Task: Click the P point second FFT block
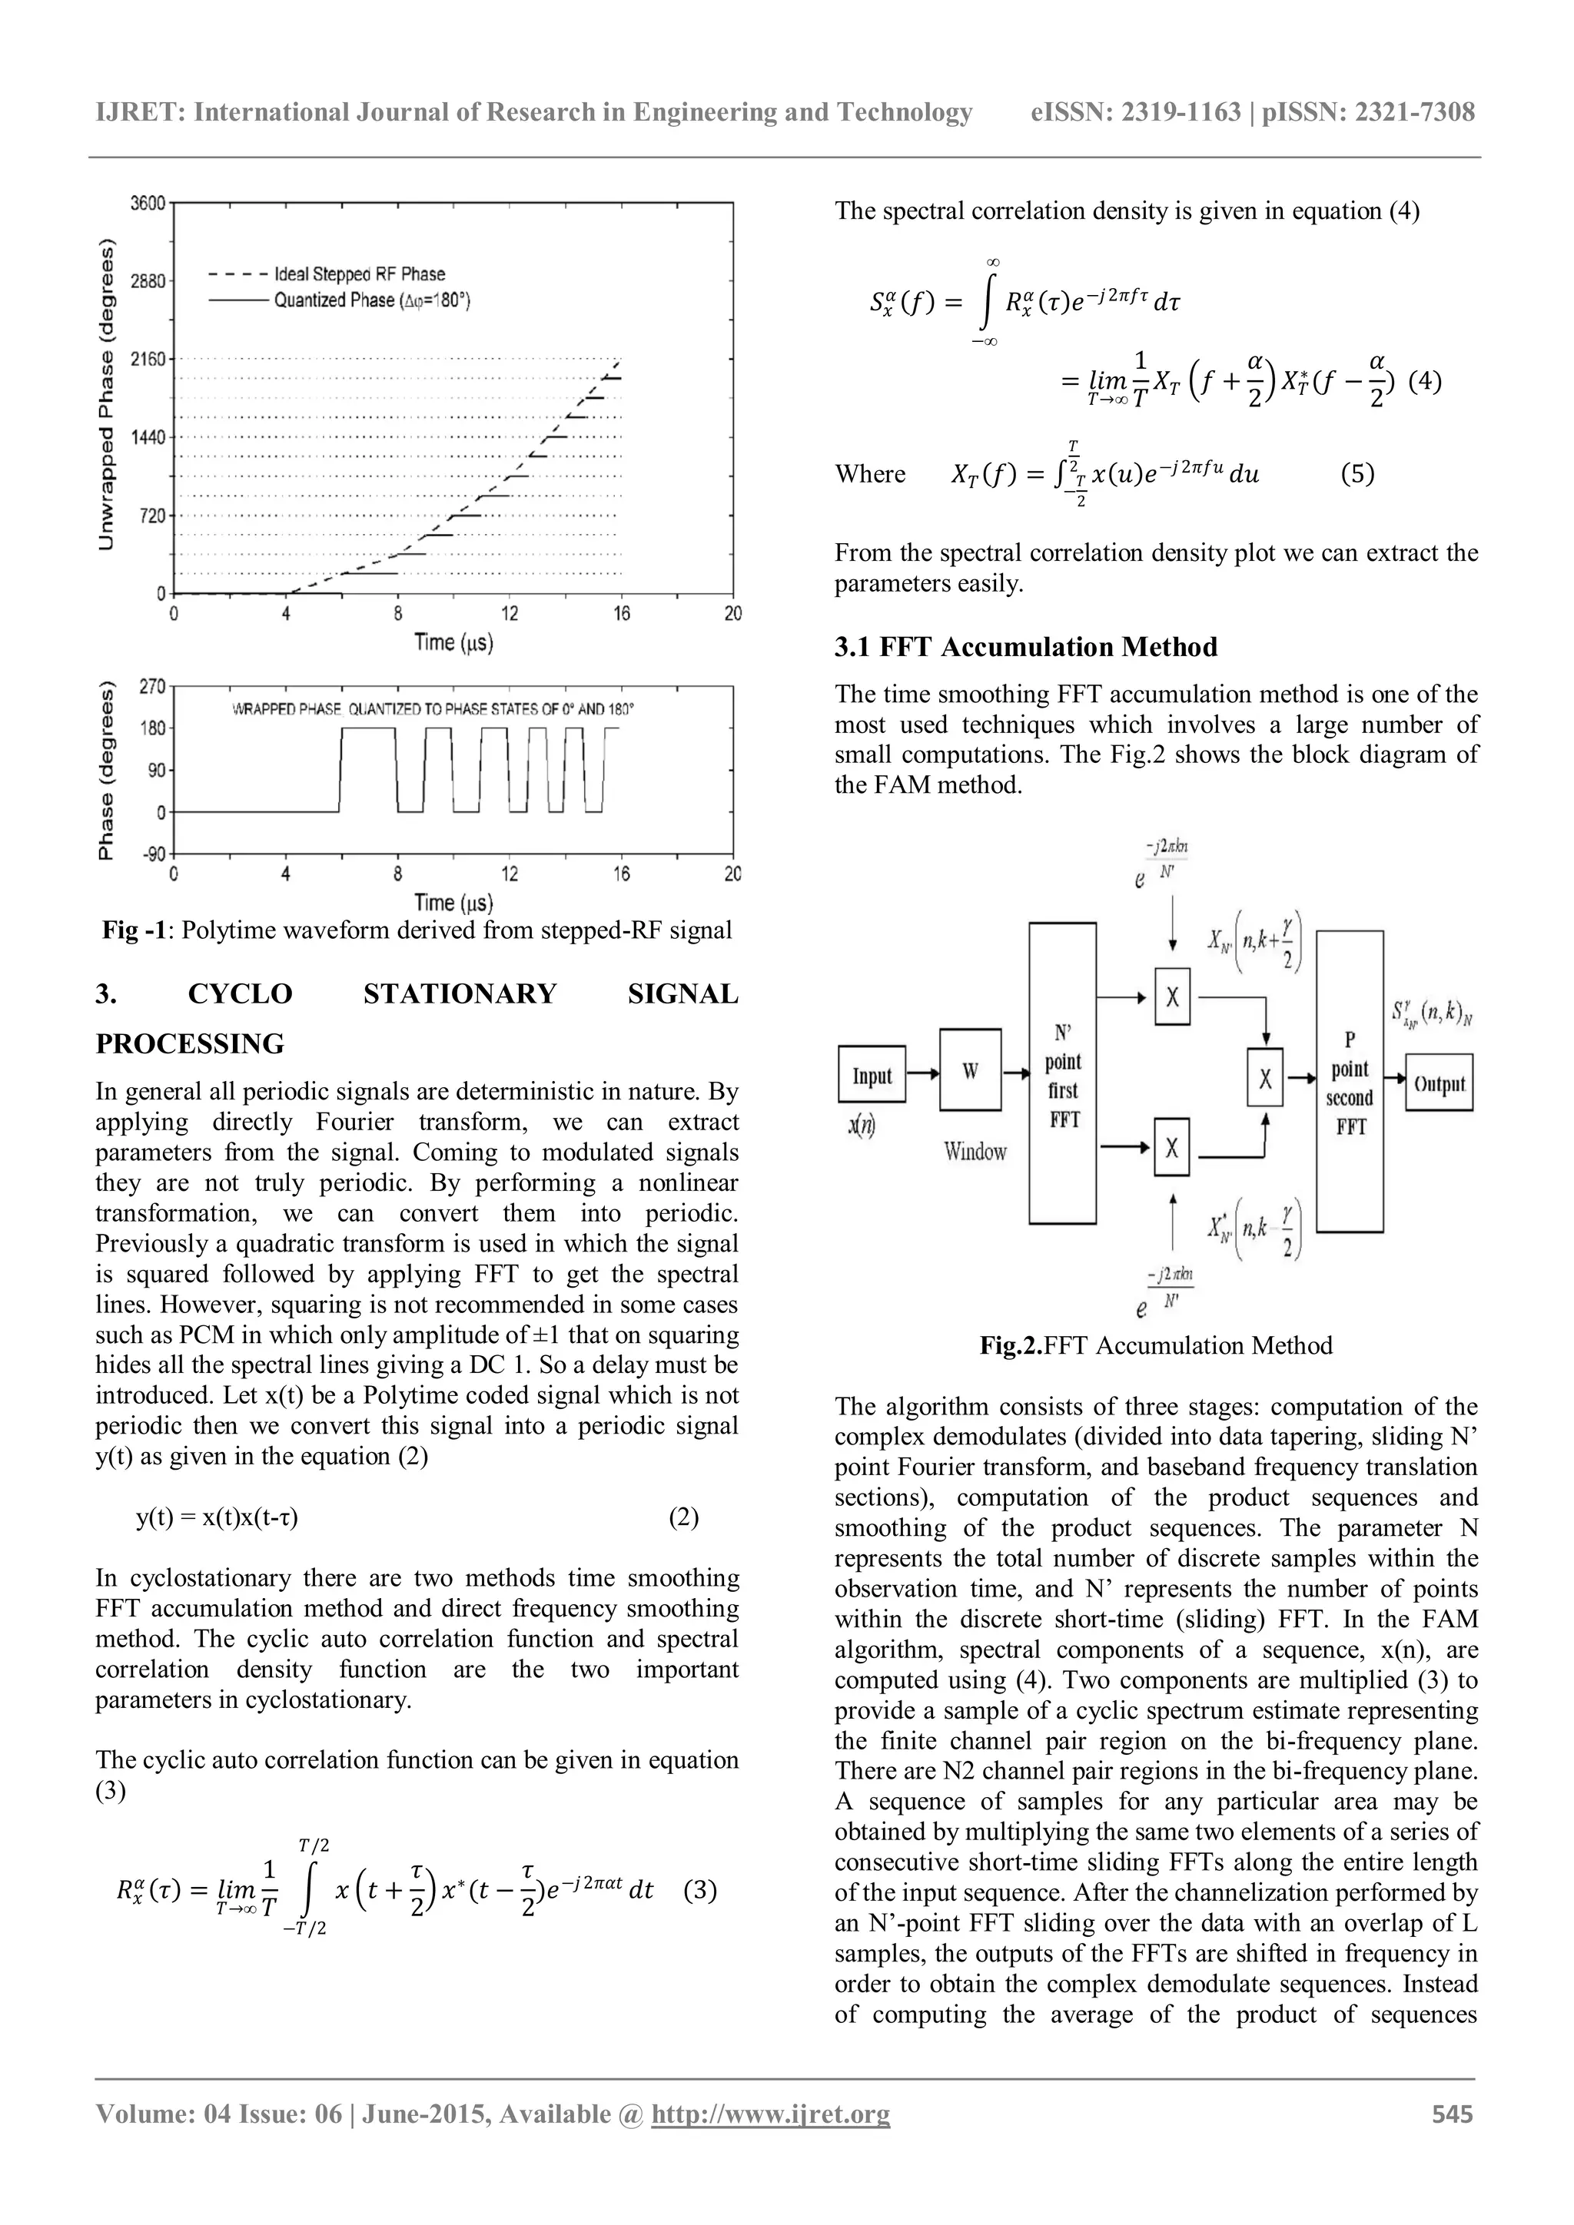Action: click(1350, 1082)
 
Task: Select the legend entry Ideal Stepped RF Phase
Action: click(359, 274)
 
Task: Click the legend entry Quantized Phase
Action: click(371, 300)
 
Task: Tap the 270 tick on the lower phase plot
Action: click(152, 686)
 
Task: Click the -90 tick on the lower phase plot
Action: click(152, 854)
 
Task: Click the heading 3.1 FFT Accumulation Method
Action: click(1025, 648)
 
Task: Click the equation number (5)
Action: click(1357, 475)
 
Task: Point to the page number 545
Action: click(1452, 2114)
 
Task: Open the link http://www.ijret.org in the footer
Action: click(771, 2114)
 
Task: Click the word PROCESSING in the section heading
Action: click(190, 1043)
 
